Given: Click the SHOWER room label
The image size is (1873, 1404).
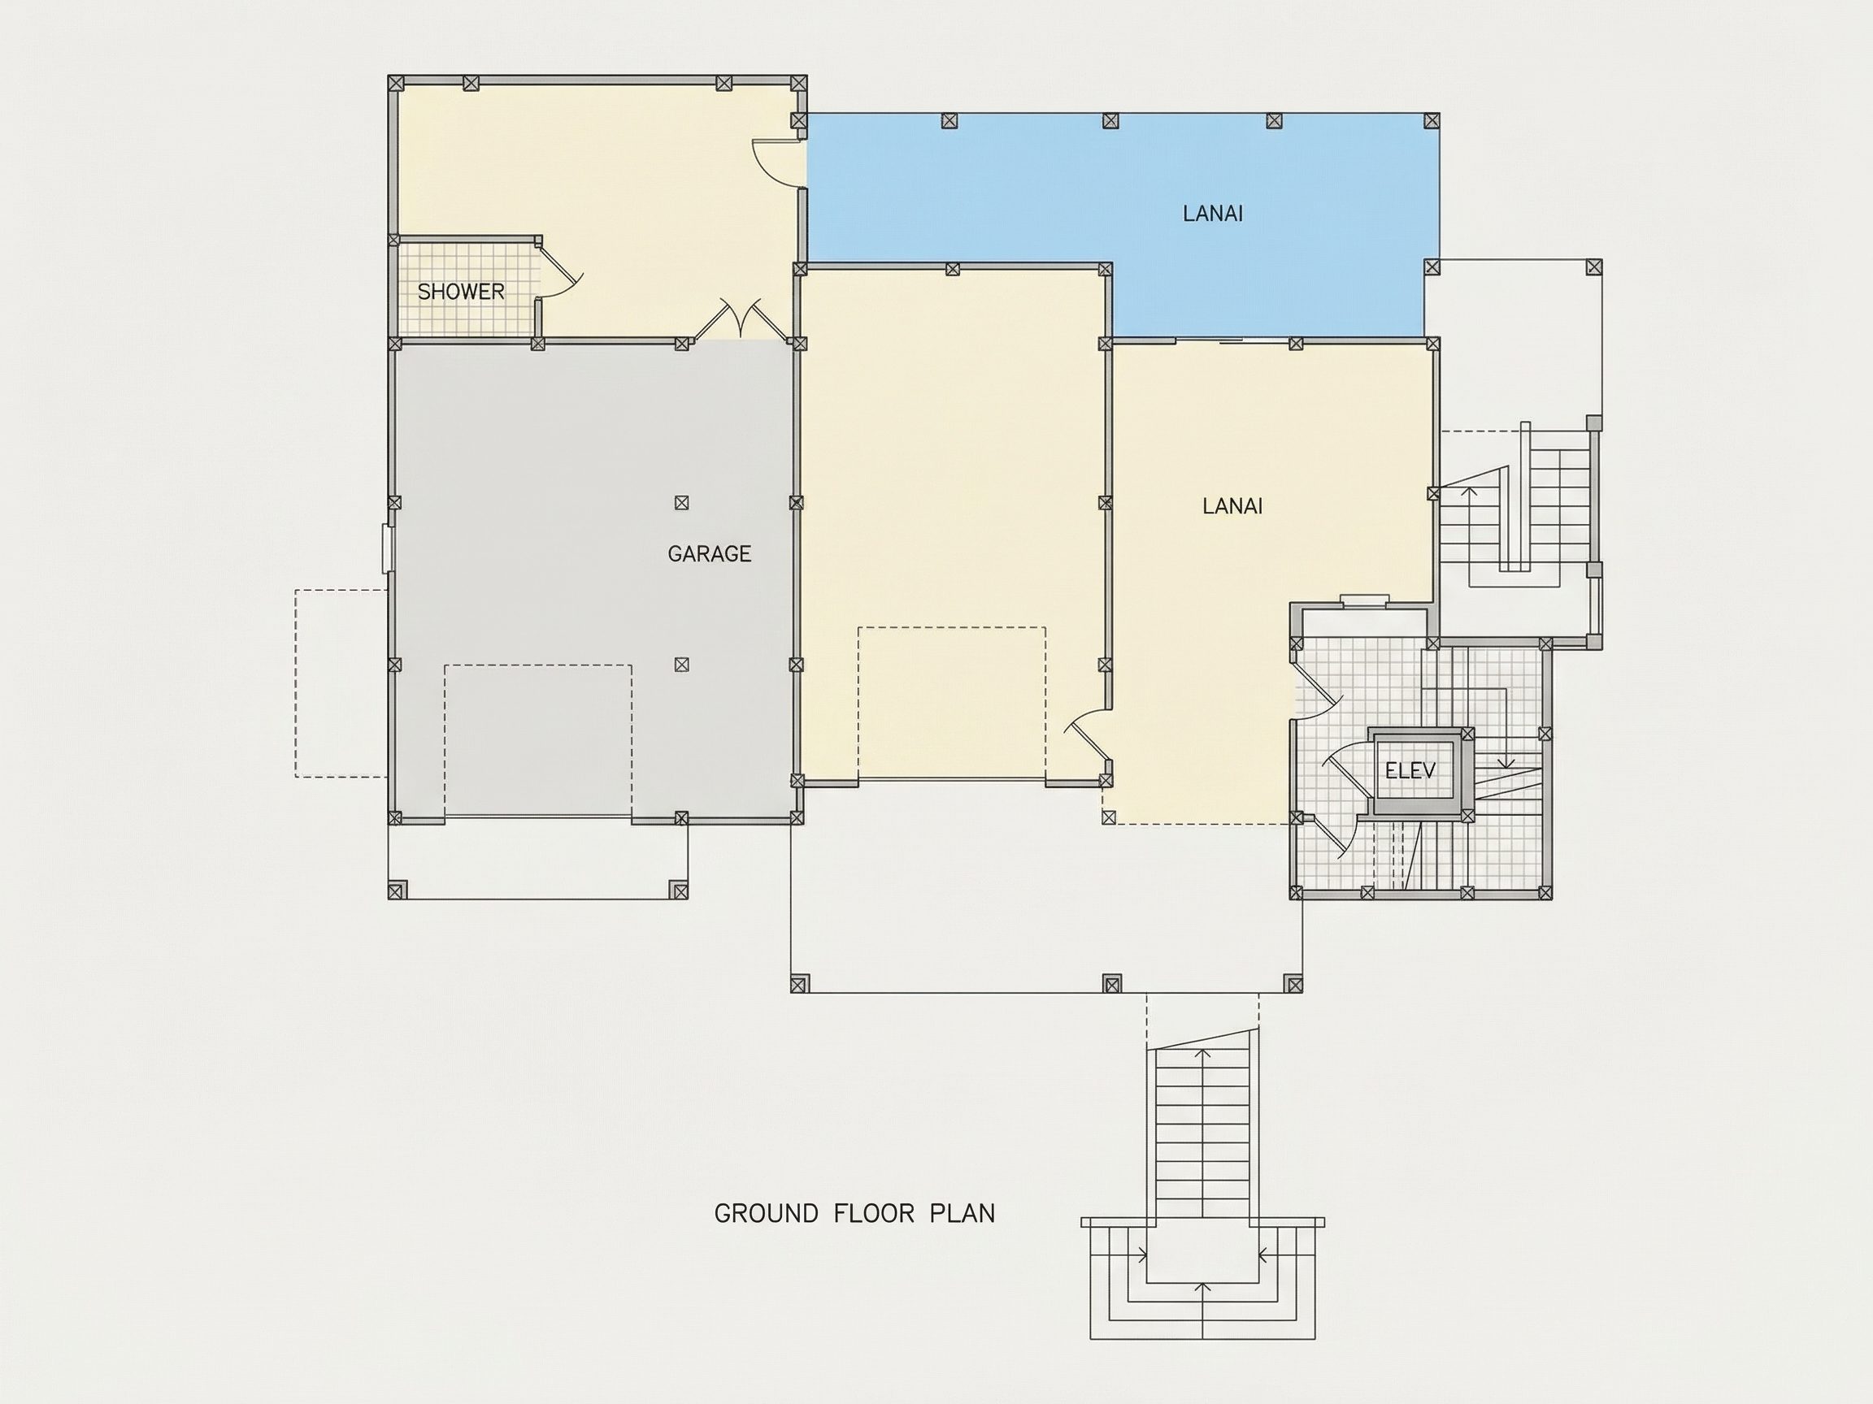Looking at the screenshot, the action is click(461, 292).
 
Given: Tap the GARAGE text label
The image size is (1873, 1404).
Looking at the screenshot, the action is click(709, 554).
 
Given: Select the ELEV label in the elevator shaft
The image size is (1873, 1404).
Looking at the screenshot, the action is click(1410, 771).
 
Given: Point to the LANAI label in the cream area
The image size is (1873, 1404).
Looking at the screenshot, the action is click(1232, 506).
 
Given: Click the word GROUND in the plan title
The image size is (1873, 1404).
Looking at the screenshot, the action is click(767, 1214).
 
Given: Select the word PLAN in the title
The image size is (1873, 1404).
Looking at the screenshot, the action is click(962, 1214).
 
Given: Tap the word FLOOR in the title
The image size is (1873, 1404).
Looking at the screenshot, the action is click(874, 1214).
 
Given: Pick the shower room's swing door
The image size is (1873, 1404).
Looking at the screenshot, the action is click(558, 269).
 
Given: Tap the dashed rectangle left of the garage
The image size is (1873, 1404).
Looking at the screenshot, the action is click(341, 683).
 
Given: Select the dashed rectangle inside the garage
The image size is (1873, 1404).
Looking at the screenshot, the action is click(537, 740).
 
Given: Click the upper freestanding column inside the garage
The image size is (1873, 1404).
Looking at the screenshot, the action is click(681, 503).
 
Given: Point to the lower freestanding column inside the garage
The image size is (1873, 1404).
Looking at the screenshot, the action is click(681, 665).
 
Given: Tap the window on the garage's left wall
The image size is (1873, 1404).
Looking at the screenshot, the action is click(388, 548).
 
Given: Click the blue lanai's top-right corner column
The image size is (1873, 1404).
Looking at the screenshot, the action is click(1432, 121).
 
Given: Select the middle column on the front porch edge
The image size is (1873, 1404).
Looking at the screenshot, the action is click(1112, 983).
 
